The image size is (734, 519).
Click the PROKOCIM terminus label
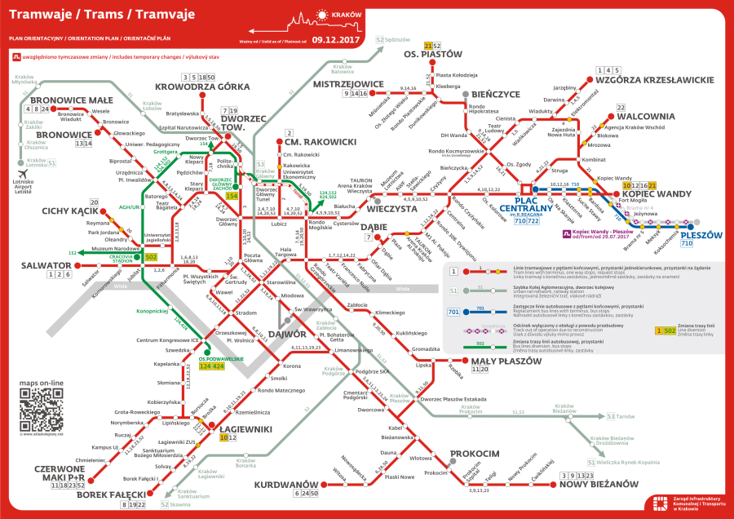pyautogui.click(x=475, y=453)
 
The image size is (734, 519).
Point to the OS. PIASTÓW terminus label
pyautogui.click(x=432, y=55)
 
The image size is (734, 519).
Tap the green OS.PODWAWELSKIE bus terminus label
pyautogui.click(x=222, y=357)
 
